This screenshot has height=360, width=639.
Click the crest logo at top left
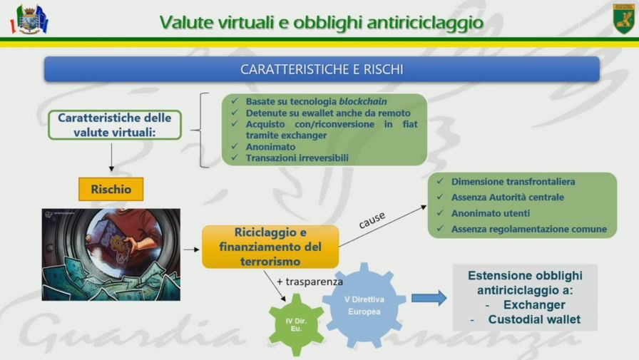click(29, 19)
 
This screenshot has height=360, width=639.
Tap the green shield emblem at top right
click(623, 19)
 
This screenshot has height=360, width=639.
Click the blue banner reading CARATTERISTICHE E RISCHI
click(322, 69)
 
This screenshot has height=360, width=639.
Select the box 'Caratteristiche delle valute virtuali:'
click(115, 125)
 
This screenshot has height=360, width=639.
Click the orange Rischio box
click(111, 189)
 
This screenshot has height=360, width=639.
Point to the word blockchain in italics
click(363, 101)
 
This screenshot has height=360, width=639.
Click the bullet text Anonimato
click(270, 147)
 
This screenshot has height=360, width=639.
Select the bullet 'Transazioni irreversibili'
click(297, 158)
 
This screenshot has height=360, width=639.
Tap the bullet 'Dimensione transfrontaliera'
click(513, 182)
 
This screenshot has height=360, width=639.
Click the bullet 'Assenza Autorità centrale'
click(507, 197)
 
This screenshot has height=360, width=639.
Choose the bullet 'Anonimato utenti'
click(490, 213)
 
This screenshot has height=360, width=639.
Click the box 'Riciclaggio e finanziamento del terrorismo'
click(270, 247)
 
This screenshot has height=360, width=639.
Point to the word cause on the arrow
click(372, 220)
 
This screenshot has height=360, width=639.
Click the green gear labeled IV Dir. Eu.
click(296, 324)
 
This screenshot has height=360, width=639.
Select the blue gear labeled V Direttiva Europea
click(364, 305)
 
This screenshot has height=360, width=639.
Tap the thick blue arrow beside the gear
click(429, 298)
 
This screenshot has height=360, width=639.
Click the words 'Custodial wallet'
click(534, 319)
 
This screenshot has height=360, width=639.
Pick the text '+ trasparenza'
click(310, 282)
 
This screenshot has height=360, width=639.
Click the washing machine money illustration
click(111, 255)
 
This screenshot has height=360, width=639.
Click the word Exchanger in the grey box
click(534, 304)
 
